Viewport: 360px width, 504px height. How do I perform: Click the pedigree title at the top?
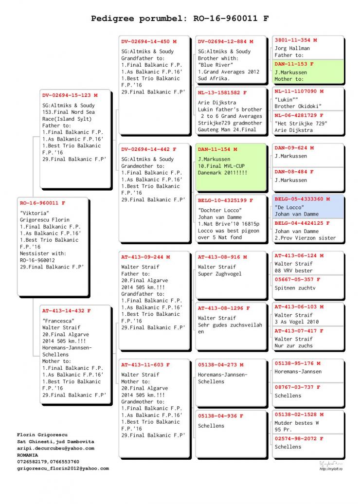pos(180,19)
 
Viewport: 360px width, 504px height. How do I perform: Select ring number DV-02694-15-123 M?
pos(70,95)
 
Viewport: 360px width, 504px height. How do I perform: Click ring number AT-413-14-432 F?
pos(66,310)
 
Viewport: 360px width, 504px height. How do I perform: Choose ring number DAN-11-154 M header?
pos(217,149)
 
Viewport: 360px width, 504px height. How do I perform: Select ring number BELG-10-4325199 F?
pos(225,200)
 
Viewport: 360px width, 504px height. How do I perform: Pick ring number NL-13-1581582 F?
pos(222,92)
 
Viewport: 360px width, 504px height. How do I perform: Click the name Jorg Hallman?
pos(292,49)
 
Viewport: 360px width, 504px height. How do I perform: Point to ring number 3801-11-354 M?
pos(295,40)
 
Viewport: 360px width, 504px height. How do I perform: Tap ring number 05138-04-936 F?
pos(220,416)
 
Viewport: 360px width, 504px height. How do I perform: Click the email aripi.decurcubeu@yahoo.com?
pos(55,448)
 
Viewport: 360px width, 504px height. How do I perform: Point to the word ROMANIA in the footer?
pos(27,455)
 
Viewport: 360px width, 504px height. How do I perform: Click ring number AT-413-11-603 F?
pos(145,364)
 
